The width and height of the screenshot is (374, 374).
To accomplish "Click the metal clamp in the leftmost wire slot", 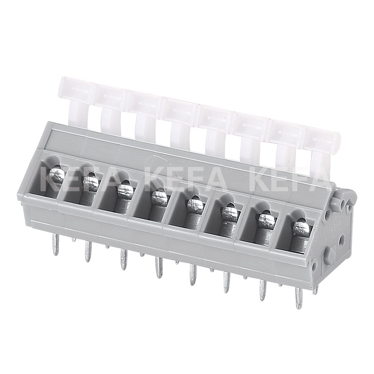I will pyautogui.click(x=57, y=175).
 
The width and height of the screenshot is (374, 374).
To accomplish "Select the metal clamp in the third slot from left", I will pyautogui.click(x=124, y=190).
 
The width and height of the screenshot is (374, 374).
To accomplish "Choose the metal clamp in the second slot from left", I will pyautogui.click(x=91, y=183).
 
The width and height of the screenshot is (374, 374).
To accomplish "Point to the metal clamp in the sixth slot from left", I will pyautogui.click(x=230, y=213).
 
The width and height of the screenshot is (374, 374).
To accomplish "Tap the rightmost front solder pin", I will pyautogui.click(x=298, y=297).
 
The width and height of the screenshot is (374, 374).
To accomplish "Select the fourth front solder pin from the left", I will pyautogui.click(x=158, y=267).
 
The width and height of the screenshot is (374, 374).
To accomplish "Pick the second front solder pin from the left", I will pyautogui.click(x=87, y=252).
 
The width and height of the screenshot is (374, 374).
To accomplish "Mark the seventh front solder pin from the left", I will pyautogui.click(x=263, y=289).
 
